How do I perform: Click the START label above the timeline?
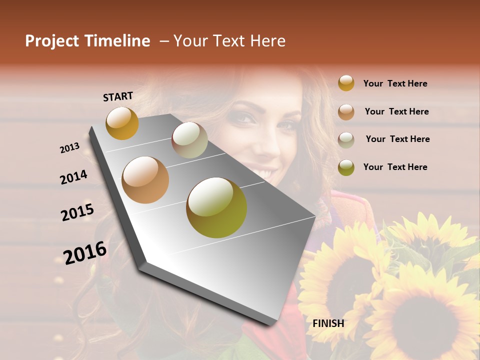click(x=118, y=96)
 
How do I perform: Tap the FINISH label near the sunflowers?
click(x=328, y=323)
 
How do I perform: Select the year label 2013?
click(x=70, y=148)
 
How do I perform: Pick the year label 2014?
click(x=73, y=177)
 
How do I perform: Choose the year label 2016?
click(x=85, y=252)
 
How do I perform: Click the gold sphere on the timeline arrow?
click(x=122, y=123)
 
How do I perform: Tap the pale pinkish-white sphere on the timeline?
click(x=189, y=140)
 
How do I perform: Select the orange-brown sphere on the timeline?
click(x=145, y=179)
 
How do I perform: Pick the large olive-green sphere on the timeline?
click(x=216, y=207)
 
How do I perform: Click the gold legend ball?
click(x=346, y=83)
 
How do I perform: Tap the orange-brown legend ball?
click(x=346, y=111)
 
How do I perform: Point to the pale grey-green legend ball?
click(x=346, y=139)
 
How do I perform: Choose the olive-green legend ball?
click(x=346, y=167)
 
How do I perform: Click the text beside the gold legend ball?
click(x=395, y=83)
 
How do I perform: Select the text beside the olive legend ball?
click(x=395, y=167)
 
